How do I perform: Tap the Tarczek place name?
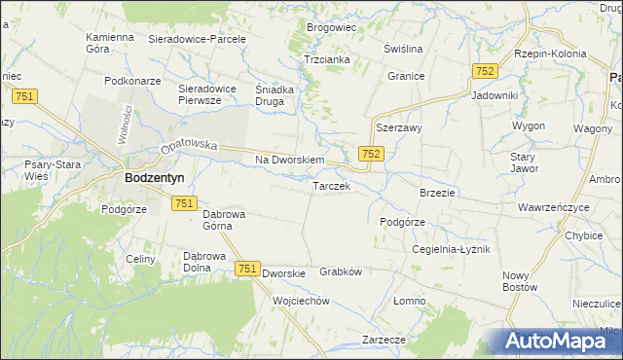coord(331,186)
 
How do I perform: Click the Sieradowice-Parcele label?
coord(197,40)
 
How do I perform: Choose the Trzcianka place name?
coord(326,58)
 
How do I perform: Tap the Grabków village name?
coord(341,272)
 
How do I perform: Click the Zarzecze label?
coord(384,340)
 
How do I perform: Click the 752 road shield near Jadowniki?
coord(485,72)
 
